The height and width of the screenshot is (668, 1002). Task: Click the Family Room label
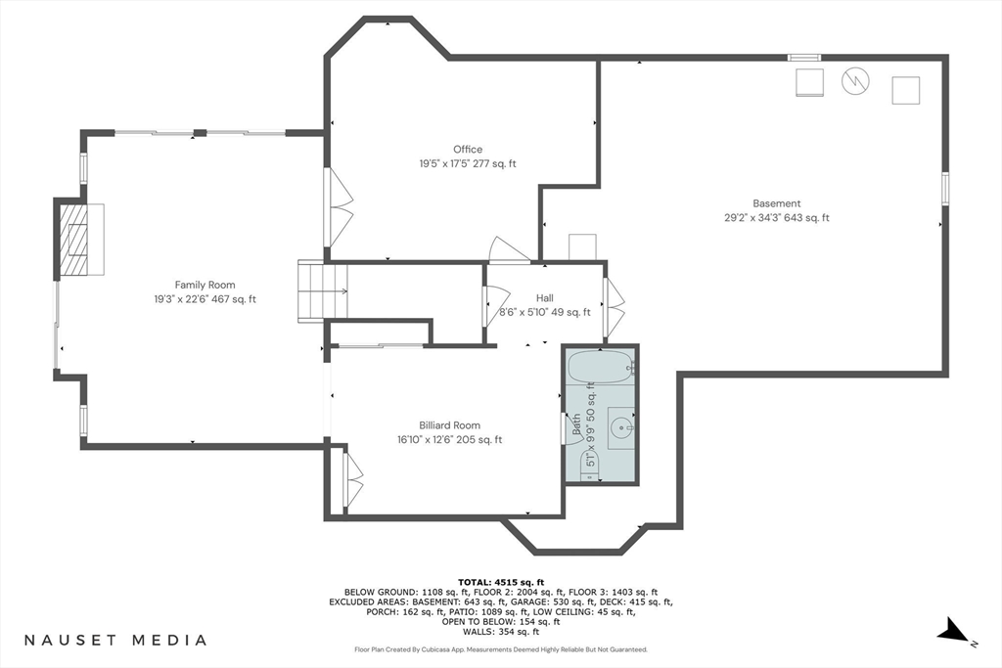[205, 285]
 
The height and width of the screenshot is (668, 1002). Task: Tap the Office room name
[468, 150]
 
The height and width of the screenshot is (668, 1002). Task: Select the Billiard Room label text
[449, 425]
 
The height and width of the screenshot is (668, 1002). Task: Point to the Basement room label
[776, 203]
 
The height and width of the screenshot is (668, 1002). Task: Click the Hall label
[544, 298]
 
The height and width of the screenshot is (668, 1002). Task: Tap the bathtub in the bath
[600, 367]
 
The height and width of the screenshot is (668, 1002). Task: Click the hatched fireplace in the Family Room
[72, 240]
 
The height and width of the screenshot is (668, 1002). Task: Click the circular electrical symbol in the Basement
[855, 81]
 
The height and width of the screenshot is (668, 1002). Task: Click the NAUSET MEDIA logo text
[115, 640]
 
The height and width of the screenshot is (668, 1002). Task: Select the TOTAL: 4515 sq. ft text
[501, 582]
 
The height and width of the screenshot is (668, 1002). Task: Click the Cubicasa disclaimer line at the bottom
[501, 649]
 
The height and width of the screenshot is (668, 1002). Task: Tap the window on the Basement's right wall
[945, 189]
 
